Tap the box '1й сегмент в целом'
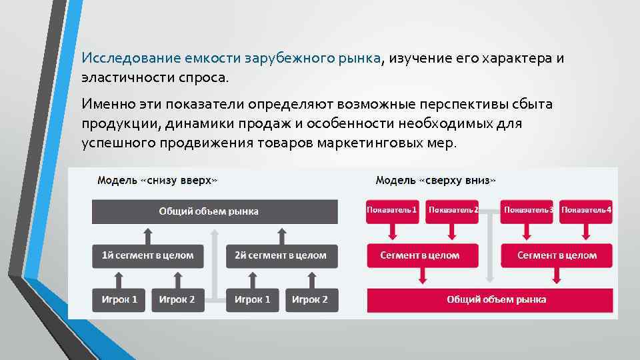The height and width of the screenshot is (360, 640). [x=148, y=255]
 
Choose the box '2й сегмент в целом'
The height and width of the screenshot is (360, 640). [x=281, y=255]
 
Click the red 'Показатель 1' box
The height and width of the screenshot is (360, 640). [x=392, y=210]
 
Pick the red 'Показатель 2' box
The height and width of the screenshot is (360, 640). [x=453, y=210]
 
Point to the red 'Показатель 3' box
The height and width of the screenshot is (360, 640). [x=528, y=210]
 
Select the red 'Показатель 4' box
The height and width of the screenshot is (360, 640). [x=587, y=210]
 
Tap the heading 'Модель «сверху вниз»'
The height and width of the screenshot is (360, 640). [x=435, y=180]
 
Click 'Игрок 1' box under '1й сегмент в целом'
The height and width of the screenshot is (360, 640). [x=119, y=299]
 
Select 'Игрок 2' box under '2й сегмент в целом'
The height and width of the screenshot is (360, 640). [x=310, y=299]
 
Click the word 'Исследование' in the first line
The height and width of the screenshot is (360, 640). [x=121, y=59]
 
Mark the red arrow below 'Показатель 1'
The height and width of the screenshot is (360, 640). [x=392, y=230]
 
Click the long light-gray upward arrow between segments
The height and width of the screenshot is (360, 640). [x=215, y=263]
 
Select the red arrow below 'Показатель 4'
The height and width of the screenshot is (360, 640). [x=587, y=230]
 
